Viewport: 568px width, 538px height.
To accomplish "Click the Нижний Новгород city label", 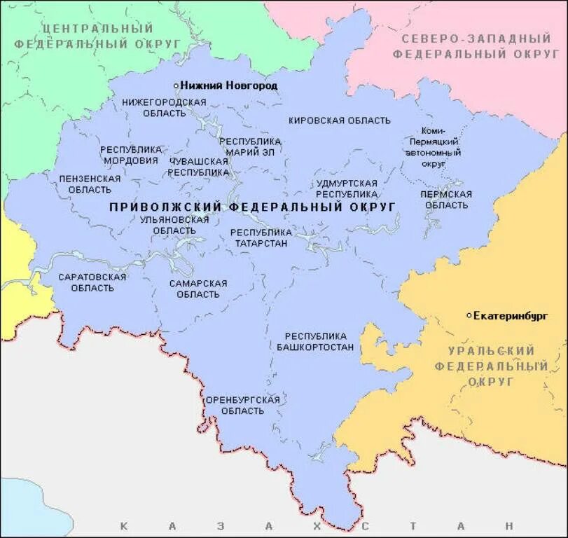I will click(228, 85).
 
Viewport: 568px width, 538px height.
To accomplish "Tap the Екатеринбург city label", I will click(510, 316).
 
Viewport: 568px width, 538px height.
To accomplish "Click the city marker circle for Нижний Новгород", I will click(176, 85).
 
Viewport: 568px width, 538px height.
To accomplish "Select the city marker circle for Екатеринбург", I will click(469, 316).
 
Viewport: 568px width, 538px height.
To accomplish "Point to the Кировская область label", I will click(339, 120).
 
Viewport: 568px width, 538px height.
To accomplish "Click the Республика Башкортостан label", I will click(315, 342).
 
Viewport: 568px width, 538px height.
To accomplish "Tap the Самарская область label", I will click(198, 289).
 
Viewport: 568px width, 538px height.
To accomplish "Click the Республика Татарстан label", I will click(261, 237).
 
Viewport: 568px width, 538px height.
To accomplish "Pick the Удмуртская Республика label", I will click(346, 188).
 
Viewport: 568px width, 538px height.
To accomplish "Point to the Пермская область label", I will click(446, 200).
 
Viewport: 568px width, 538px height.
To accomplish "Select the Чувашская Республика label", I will click(199, 166).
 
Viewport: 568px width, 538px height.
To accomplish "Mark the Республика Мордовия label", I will click(130, 155).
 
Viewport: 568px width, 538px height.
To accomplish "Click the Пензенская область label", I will click(90, 184).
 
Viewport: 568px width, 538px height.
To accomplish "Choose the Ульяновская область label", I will click(174, 225).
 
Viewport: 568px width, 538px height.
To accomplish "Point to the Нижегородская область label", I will click(164, 107).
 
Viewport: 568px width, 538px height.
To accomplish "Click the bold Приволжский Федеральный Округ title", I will click(253, 207).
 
